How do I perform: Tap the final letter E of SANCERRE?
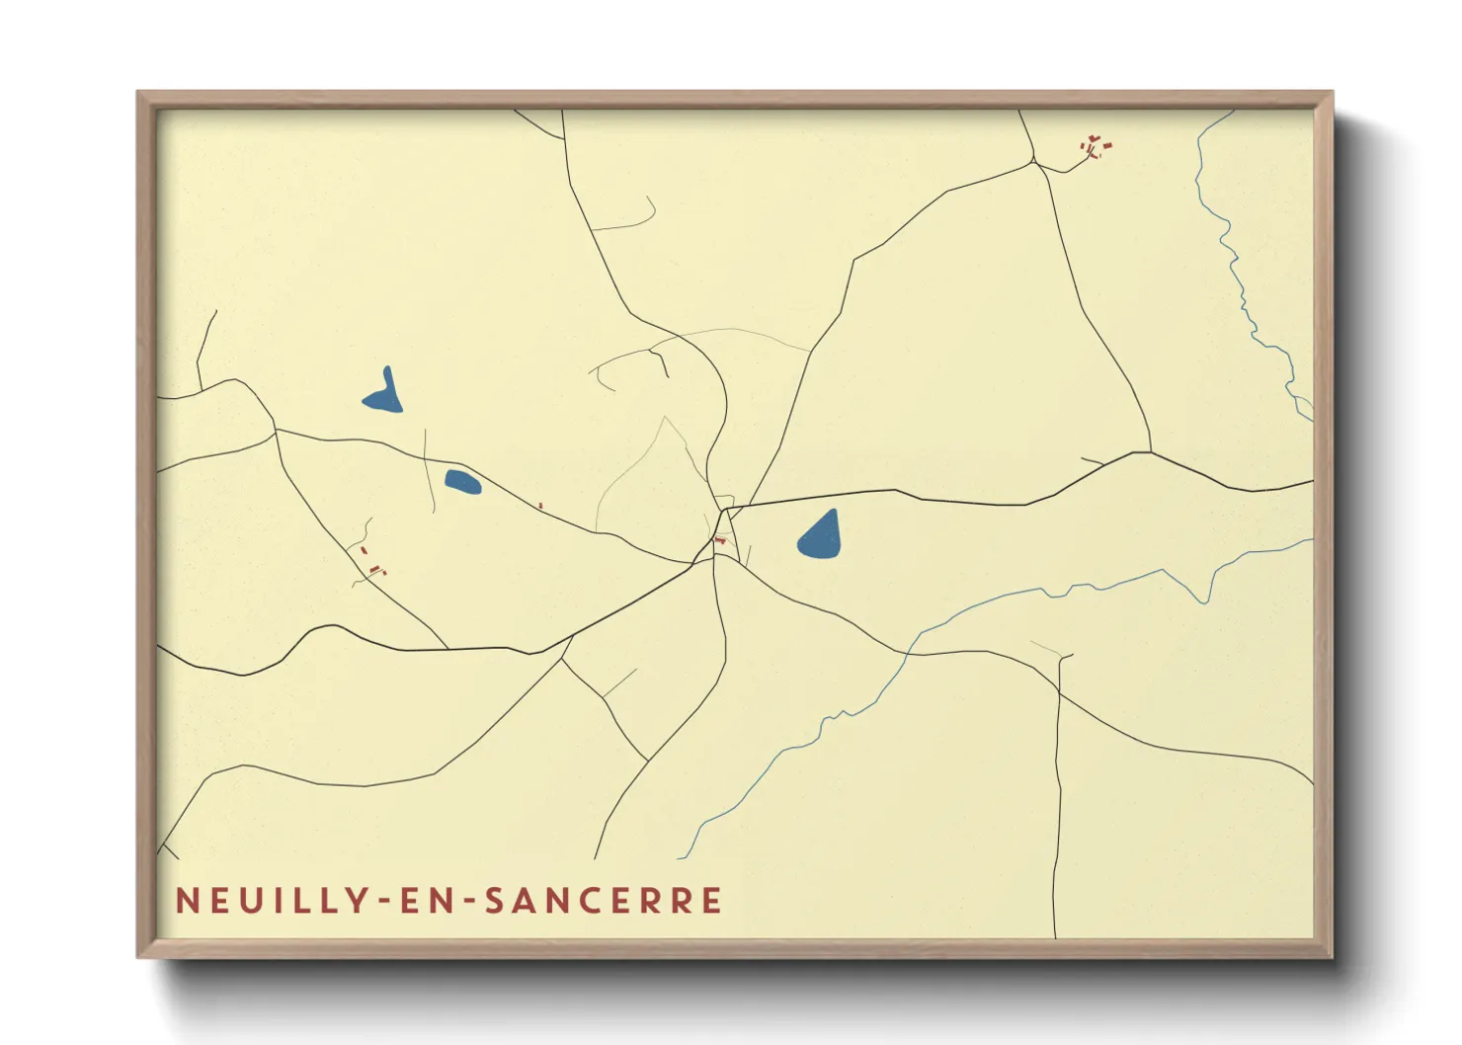(712, 901)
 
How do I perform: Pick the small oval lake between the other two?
(461, 482)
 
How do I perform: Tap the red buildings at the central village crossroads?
(720, 539)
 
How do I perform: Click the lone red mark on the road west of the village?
(540, 506)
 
